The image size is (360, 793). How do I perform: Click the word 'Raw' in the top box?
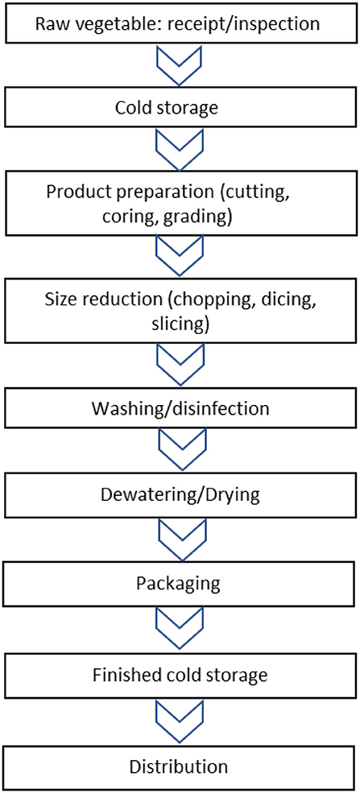(53, 23)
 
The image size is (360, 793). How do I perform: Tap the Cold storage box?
(178, 107)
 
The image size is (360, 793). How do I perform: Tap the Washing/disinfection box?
(178, 409)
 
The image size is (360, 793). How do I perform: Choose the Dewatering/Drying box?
(178, 494)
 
